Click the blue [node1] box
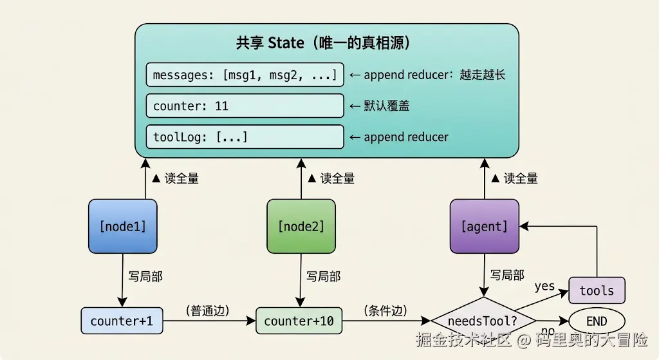coord(123,226)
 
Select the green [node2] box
coord(301,226)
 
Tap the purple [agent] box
coord(485,226)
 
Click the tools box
coord(597,290)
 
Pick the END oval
coord(597,321)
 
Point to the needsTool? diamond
coord(483,321)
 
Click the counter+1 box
coord(122,321)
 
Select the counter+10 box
coord(299,321)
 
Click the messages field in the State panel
coord(245,75)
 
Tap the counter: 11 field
coord(245,106)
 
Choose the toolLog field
coord(245,137)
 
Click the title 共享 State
coord(270,43)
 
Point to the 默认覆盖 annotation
coord(386,106)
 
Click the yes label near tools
coord(544,287)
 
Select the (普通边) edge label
coord(208,311)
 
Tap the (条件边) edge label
coord(385,311)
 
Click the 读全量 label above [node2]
coord(337,178)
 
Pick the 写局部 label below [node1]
coord(145,276)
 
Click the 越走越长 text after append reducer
coord(483,75)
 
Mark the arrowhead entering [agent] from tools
coord(524,226)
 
